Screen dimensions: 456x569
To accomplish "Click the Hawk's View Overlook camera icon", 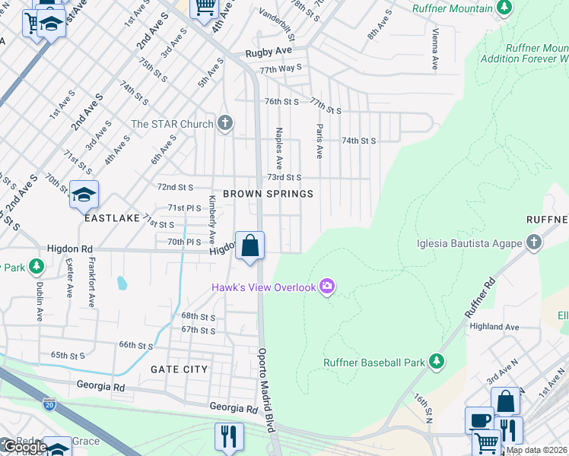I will tap(328, 287).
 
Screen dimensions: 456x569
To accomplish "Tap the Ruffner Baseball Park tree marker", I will tap(437, 362).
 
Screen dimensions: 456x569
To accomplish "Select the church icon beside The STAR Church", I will tap(224, 123).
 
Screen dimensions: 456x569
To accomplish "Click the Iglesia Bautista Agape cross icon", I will tap(534, 243).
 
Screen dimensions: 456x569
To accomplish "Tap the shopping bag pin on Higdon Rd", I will tap(250, 246).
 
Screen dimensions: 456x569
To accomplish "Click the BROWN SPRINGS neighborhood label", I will tap(268, 194).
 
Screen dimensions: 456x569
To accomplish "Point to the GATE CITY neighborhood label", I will tap(179, 369).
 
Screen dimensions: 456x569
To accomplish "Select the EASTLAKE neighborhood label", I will tap(112, 218).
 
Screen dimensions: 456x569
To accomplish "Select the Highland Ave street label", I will tap(494, 327).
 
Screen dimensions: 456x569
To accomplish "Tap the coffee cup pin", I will tap(478, 420).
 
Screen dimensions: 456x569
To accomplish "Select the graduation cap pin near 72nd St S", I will tap(84, 195).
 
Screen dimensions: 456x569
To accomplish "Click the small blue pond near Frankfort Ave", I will tap(122, 283).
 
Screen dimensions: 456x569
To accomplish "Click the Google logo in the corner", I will tap(24, 447).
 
